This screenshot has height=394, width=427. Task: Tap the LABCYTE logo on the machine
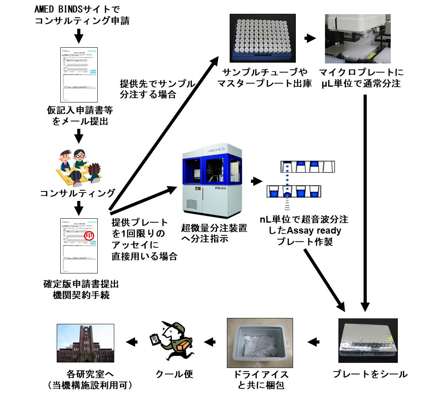coord(216,150)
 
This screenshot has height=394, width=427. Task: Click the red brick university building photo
coord(85,343)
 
